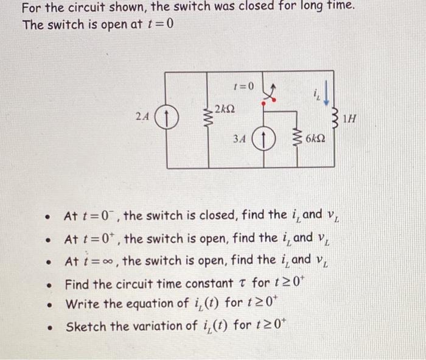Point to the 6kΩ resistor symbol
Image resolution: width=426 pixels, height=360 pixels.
tap(297, 139)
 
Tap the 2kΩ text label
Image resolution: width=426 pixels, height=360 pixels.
tap(226, 109)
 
